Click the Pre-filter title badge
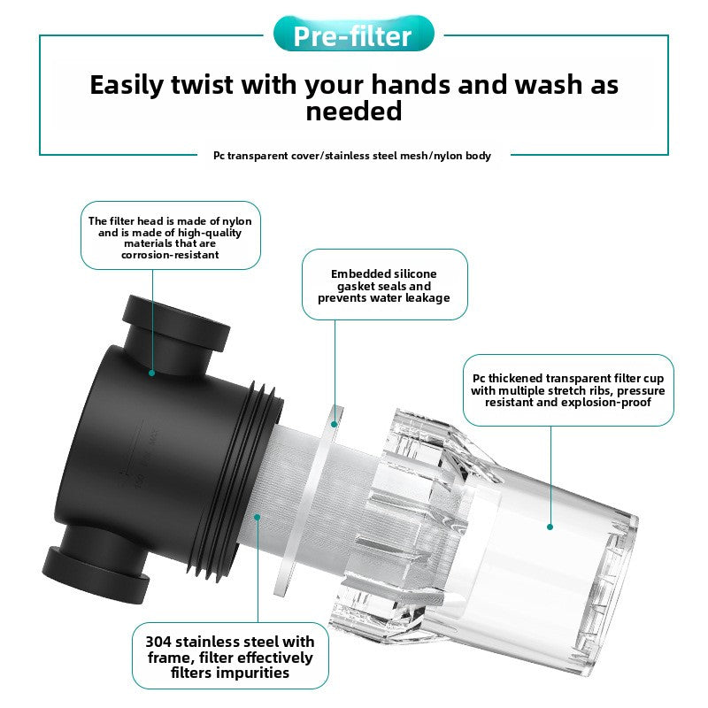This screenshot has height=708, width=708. (353, 34)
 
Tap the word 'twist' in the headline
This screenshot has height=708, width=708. (202, 84)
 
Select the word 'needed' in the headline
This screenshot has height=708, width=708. (353, 112)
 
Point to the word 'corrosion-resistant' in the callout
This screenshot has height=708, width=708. (170, 255)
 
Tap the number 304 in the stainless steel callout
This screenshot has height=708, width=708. (158, 642)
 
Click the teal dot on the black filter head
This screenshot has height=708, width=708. (151, 373)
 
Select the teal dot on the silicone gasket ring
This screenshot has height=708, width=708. (335, 424)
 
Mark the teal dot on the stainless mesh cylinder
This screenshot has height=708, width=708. (257, 517)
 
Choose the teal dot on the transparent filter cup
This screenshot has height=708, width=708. (550, 527)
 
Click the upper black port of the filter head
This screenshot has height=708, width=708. (176, 332)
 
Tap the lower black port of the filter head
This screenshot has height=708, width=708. (97, 565)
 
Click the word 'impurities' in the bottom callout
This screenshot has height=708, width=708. (230, 673)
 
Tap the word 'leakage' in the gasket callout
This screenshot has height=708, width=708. (427, 298)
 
